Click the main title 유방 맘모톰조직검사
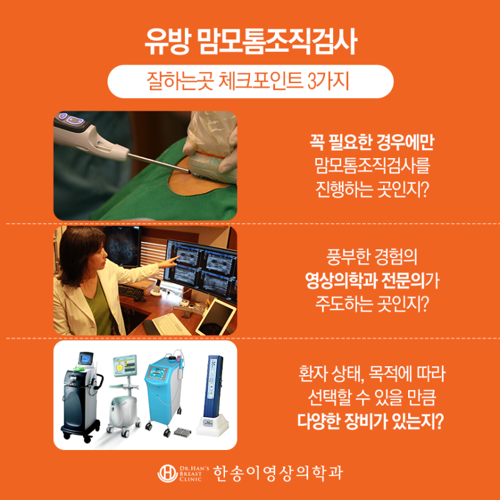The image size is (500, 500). [x=251, y=42]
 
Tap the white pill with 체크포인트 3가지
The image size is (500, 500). [x=251, y=81]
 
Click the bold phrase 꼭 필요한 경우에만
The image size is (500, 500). [x=372, y=142]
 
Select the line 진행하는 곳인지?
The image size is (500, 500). [x=372, y=189]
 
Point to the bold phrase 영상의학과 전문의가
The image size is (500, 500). [x=372, y=281]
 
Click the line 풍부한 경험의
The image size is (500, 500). [x=372, y=257]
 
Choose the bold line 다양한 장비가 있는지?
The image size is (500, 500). [x=371, y=421]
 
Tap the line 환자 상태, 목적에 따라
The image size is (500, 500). [x=372, y=374]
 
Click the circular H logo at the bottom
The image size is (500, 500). [x=167, y=473]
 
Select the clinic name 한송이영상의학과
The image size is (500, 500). [x=277, y=473]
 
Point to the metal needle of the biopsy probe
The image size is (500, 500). [x=159, y=163]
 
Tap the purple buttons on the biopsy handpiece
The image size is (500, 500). [x=71, y=119]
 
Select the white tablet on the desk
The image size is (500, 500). [x=216, y=316]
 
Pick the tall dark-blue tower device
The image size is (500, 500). [x=213, y=395]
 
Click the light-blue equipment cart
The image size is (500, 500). [x=162, y=394]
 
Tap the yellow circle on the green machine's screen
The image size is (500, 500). [x=119, y=367]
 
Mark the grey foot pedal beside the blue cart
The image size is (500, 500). [x=182, y=432]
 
